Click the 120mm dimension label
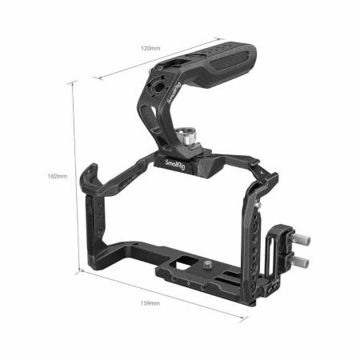click(x=150, y=48)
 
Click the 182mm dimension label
click(x=58, y=176)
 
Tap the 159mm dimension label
click(x=150, y=303)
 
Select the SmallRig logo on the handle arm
click(x=174, y=93)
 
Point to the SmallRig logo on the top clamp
click(x=175, y=165)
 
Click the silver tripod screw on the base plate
click(x=206, y=265)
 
